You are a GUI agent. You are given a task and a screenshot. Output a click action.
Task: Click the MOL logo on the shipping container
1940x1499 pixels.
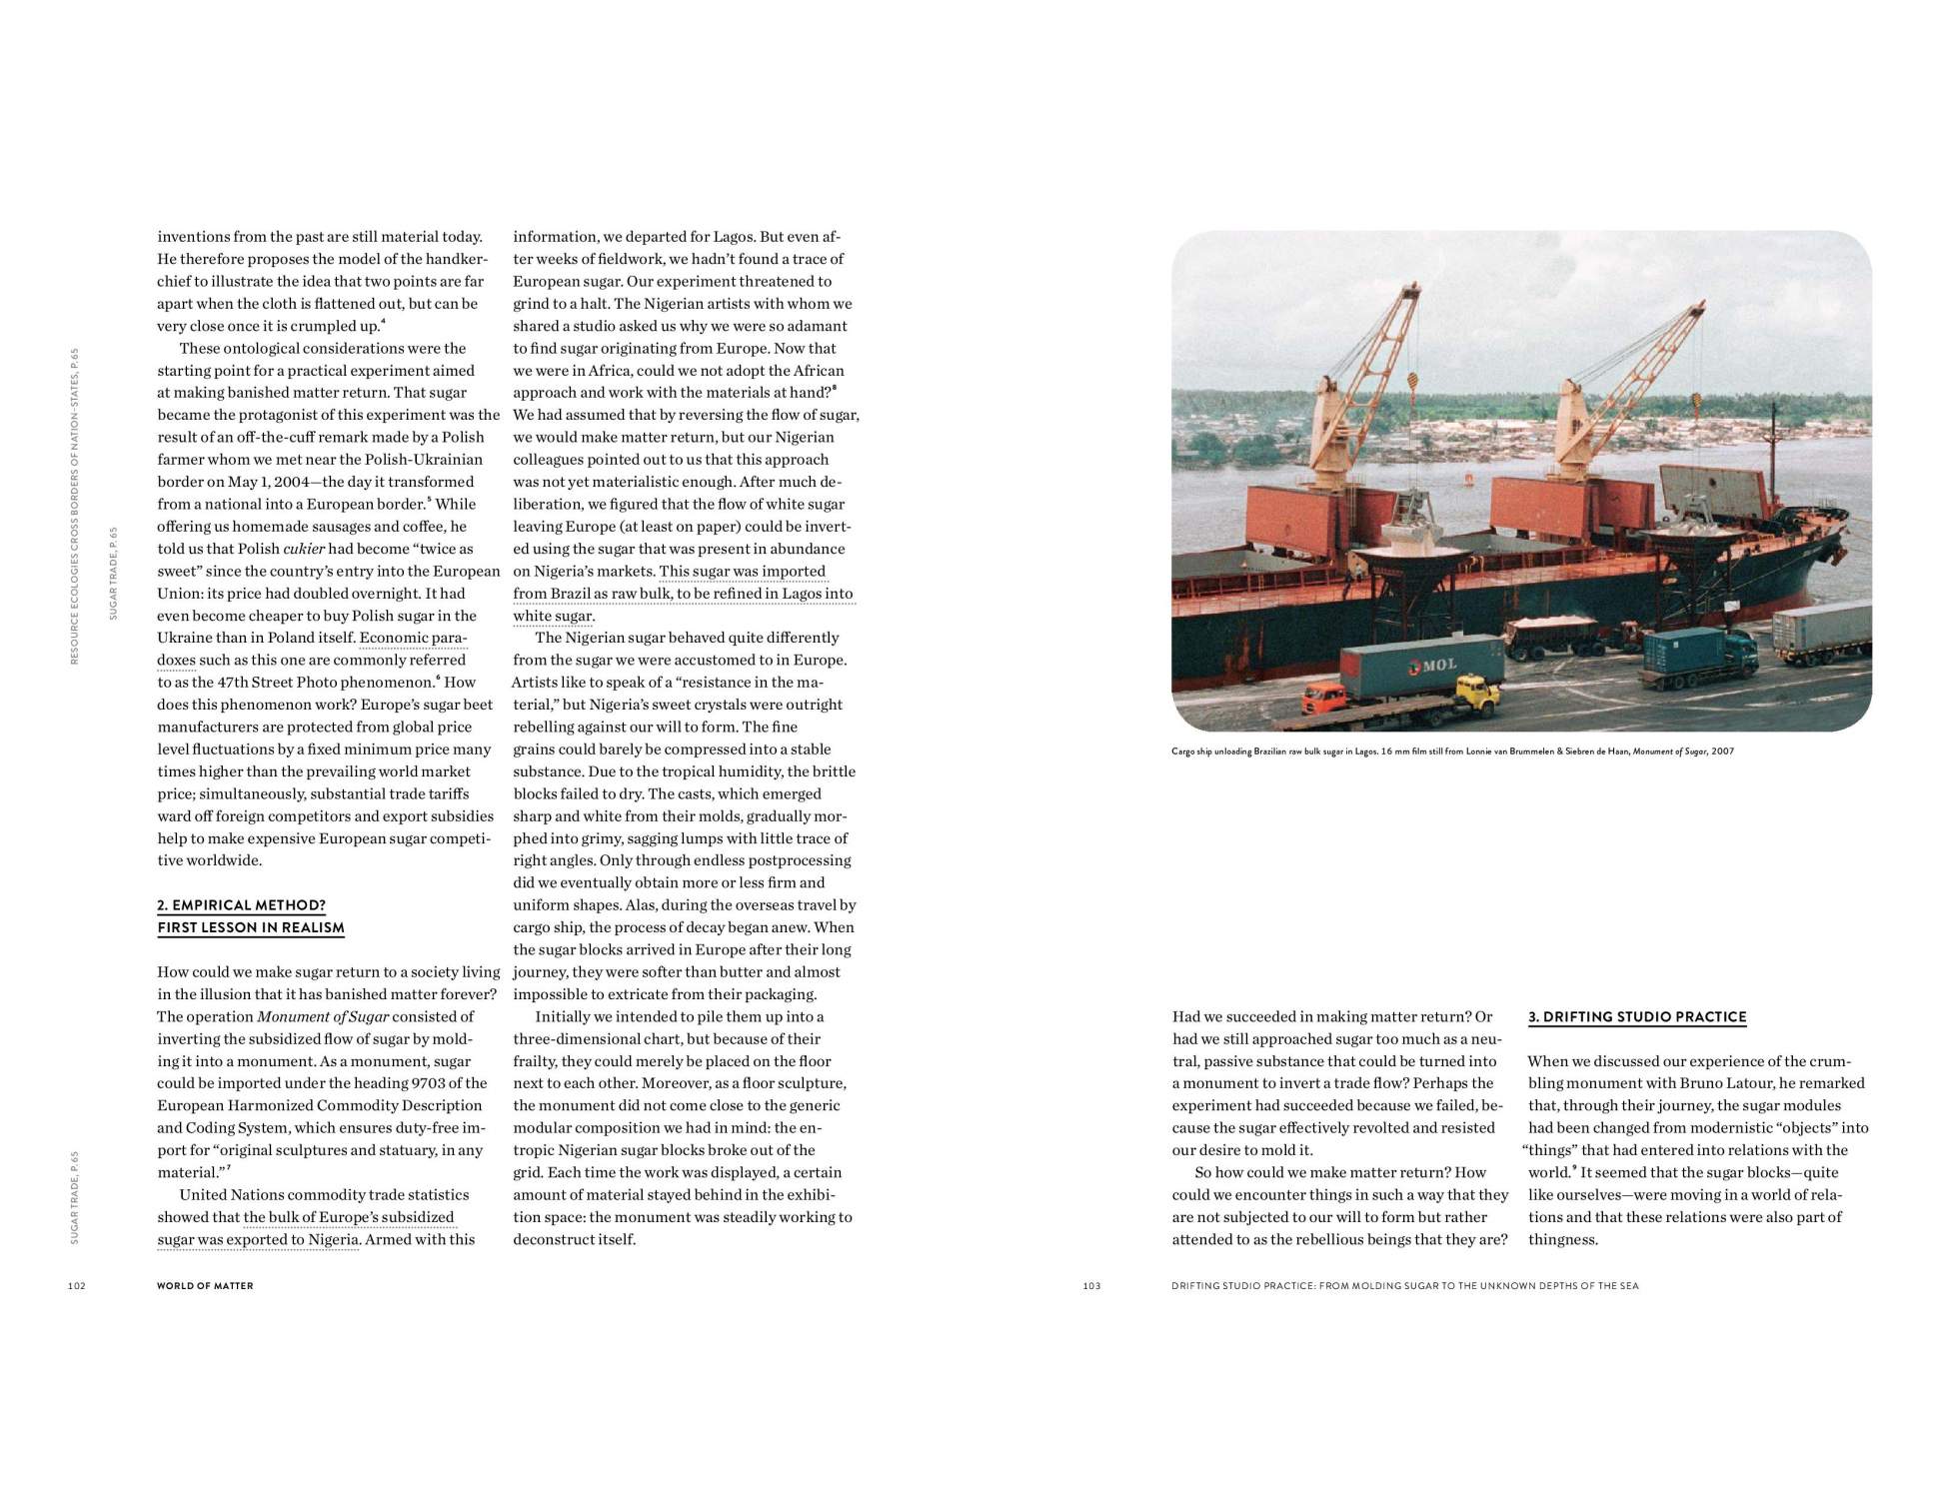(x=1432, y=665)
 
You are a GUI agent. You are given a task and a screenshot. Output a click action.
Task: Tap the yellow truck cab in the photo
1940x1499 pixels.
(x=1478, y=690)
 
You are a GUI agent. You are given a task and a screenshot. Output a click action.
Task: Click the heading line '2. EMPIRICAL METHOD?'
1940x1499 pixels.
(x=241, y=905)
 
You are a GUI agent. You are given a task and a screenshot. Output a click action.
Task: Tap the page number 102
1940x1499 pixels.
(x=77, y=1286)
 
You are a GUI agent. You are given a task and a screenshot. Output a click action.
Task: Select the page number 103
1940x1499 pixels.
(x=1091, y=1286)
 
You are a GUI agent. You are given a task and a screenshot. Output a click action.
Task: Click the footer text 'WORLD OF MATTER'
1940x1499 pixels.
(x=205, y=1286)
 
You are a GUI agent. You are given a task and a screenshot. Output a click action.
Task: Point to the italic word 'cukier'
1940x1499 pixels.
(x=304, y=549)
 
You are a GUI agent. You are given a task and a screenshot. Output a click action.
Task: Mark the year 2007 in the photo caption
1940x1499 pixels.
(x=1722, y=751)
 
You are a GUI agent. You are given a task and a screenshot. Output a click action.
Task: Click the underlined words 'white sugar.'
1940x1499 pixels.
(x=554, y=616)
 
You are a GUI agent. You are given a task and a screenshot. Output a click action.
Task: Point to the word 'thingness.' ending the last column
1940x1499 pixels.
(x=1563, y=1240)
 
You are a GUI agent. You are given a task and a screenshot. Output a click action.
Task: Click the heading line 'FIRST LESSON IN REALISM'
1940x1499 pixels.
(x=251, y=927)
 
